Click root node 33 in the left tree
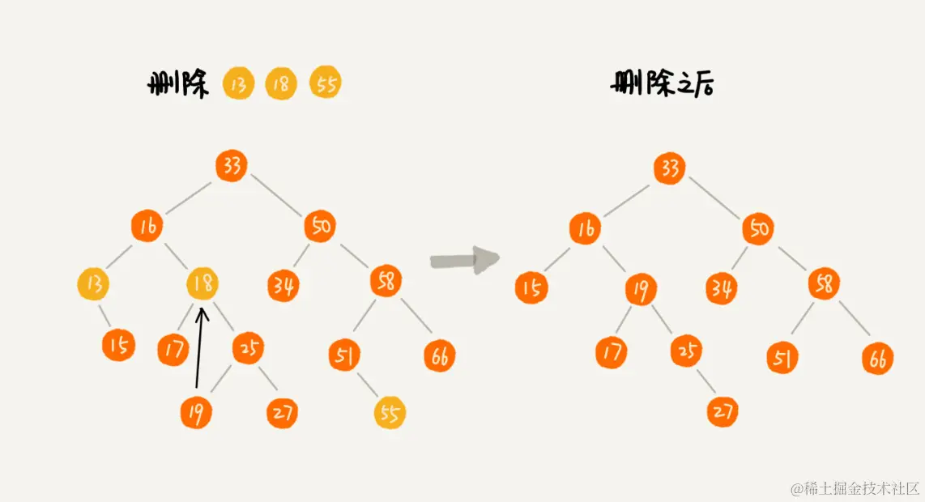pos(232,166)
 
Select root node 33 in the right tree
pos(669,168)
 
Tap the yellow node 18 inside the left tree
pos(202,284)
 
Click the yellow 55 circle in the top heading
pos(326,83)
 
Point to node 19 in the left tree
pos(196,413)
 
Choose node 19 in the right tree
pos(641,290)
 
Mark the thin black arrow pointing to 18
pos(199,348)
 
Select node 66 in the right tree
pos(877,359)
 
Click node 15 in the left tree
pos(118,346)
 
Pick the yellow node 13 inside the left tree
pos(93,284)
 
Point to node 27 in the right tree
pos(722,411)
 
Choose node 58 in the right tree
pos(824,284)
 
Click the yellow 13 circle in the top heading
pos(238,83)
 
